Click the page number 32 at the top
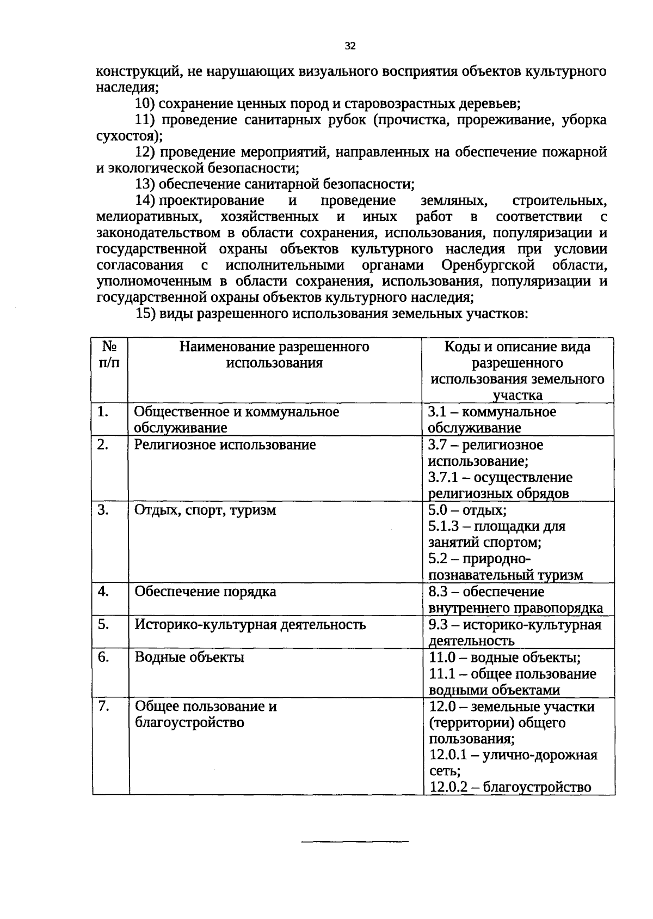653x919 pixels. [x=350, y=46]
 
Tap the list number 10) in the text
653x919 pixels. [x=145, y=104]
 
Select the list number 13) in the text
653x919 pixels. [x=145, y=185]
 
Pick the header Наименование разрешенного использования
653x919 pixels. [x=274, y=355]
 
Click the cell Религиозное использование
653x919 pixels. [x=225, y=445]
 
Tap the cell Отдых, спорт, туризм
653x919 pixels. [x=205, y=510]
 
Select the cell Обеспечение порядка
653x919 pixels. [x=205, y=592]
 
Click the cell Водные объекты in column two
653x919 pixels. [x=189, y=657]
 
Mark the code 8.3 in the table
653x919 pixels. [x=438, y=592]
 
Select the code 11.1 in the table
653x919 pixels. [x=440, y=674]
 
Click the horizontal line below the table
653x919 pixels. [x=355, y=843]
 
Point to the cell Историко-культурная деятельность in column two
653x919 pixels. [x=250, y=624]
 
